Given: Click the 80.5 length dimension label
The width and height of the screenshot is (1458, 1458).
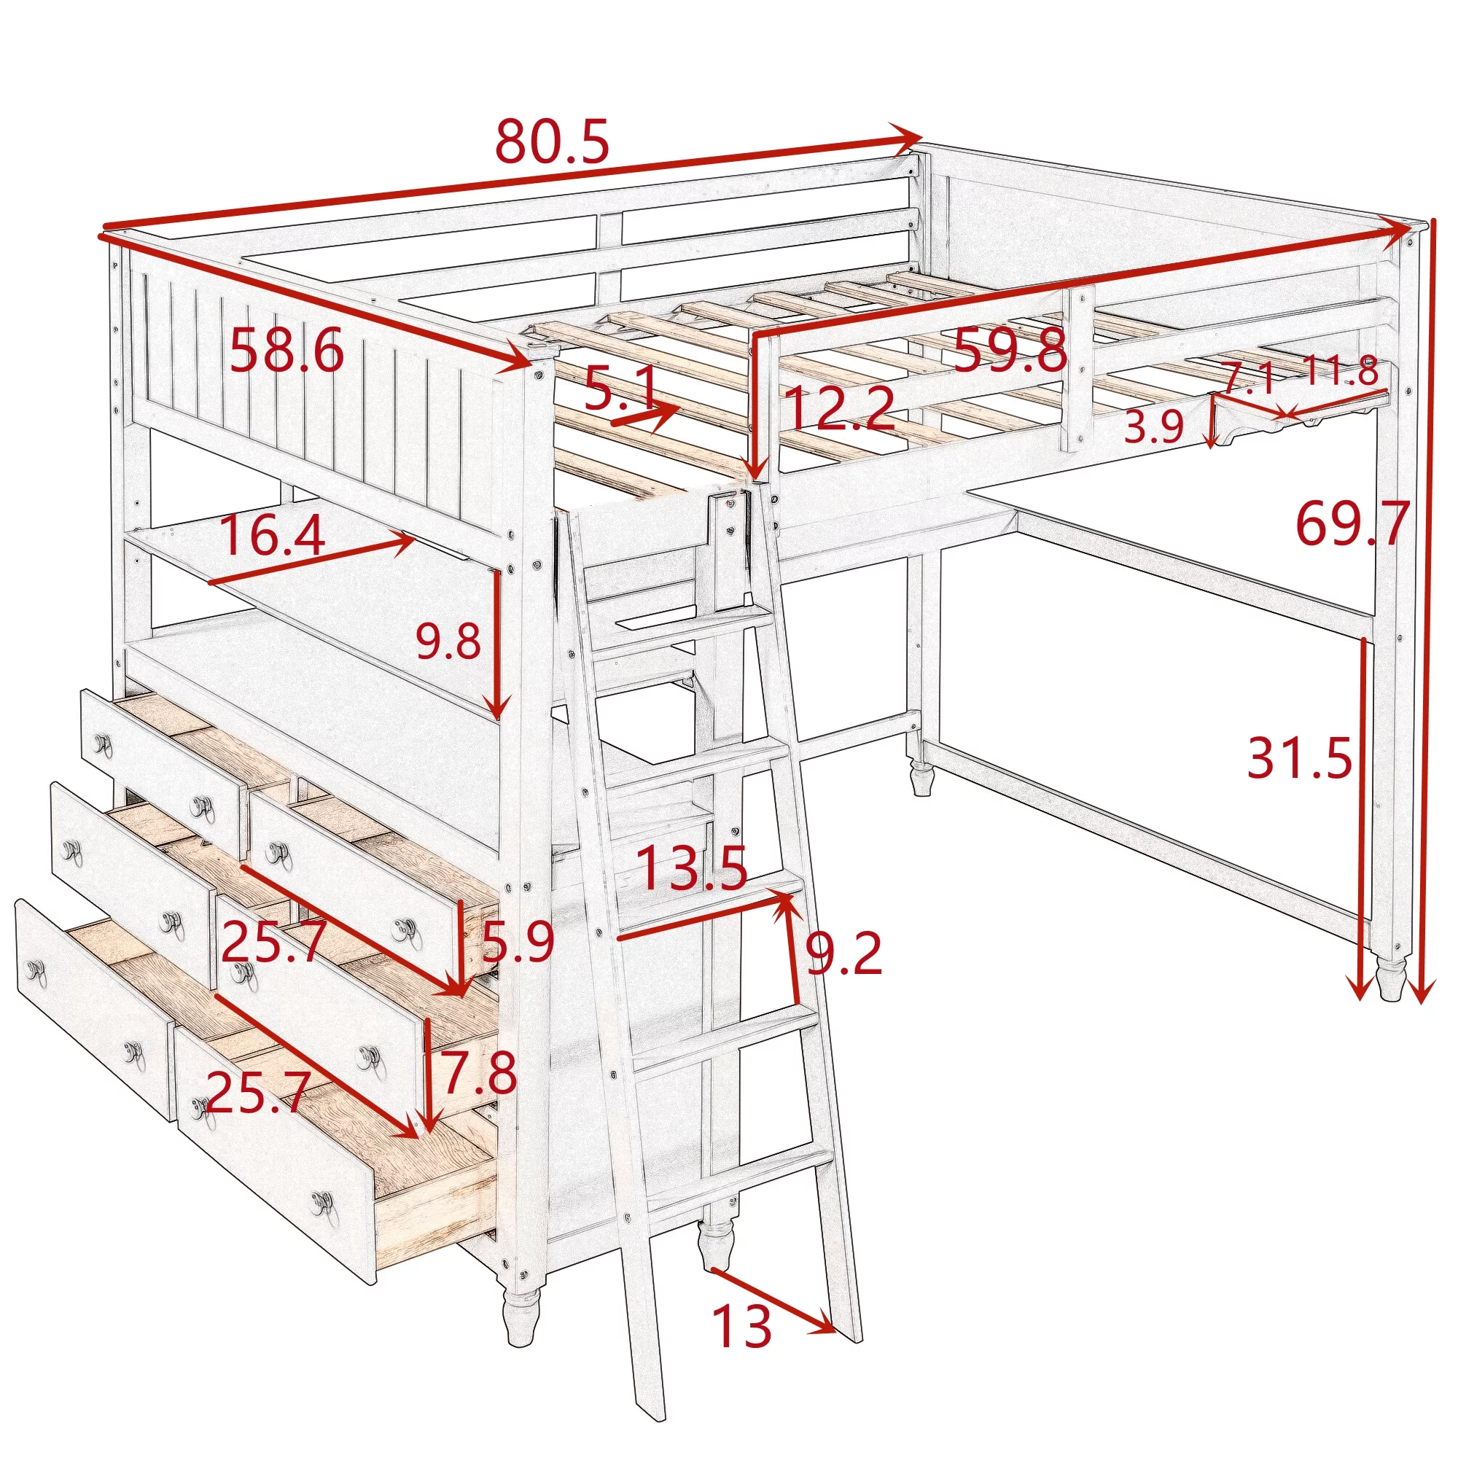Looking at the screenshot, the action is point(552,142).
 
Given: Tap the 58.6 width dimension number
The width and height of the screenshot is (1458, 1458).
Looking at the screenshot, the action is point(286,350).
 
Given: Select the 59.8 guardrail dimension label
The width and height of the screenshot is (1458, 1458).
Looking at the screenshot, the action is point(1010,350).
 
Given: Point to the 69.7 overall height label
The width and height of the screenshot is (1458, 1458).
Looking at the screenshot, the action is point(1352,523).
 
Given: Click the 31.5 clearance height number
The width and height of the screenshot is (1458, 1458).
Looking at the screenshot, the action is point(1300,757).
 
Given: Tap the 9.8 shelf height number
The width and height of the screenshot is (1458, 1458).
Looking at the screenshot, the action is point(448,642).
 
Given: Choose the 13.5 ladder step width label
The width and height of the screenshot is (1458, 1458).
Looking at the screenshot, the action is point(691,868).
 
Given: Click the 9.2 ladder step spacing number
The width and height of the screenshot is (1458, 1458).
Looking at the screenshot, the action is point(843,954).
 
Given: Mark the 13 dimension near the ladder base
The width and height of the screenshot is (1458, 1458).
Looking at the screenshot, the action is point(742,1327).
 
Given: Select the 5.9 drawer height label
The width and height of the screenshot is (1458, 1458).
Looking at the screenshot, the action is point(518,942).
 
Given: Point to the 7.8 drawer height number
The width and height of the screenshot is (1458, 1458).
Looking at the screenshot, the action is point(479,1073).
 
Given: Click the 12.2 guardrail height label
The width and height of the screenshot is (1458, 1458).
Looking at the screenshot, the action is point(839,408).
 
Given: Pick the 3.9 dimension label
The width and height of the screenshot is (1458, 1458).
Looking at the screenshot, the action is point(1154,427).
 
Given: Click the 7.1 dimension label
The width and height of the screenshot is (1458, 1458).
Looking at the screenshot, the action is point(1248,378).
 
